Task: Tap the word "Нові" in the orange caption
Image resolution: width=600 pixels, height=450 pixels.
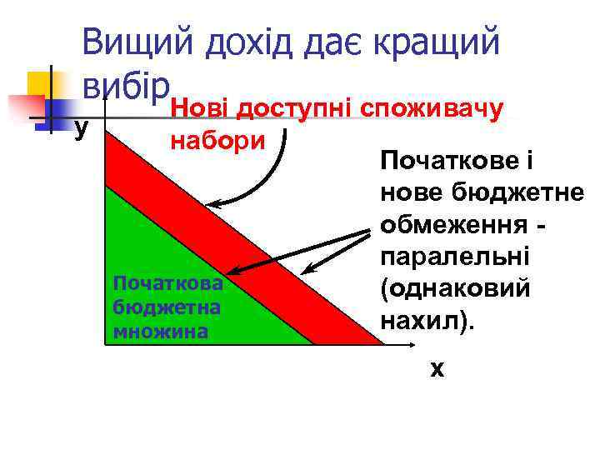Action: tap(199, 107)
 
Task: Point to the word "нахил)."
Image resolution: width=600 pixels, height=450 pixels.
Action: tap(425, 320)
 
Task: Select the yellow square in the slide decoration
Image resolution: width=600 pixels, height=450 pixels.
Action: tap(39, 84)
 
